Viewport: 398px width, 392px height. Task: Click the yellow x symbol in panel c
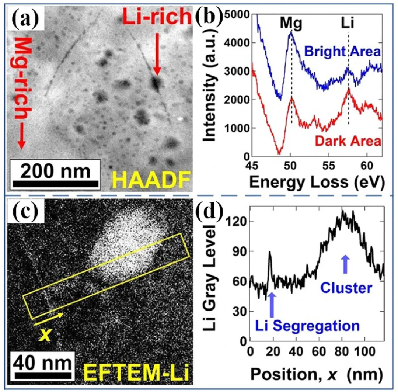point(45,334)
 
